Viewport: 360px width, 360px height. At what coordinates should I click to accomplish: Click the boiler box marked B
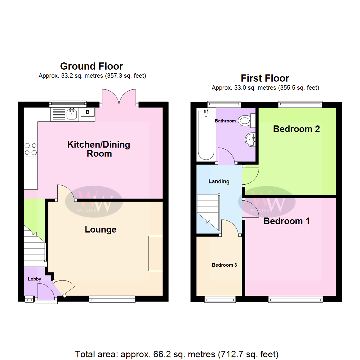pos(87,112)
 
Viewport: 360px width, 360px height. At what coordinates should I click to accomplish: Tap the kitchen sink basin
pos(72,114)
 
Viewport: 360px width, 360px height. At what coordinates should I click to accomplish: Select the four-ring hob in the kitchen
pos(31,149)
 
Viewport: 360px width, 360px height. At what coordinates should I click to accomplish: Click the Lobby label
pos(34,279)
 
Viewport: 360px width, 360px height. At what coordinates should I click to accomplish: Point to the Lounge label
pos(101,229)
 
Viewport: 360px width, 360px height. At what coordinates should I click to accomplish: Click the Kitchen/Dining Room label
pos(99,149)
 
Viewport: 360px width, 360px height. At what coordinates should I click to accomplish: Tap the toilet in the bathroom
pos(247,121)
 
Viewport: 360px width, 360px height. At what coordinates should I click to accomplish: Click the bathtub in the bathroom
pos(206,135)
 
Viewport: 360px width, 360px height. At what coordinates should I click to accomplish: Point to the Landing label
pos(219,181)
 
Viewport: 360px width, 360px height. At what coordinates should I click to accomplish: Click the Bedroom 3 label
pos(224,265)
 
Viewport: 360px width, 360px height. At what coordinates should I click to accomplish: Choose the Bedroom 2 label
pos(296,129)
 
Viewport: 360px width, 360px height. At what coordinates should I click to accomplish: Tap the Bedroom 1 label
pos(287,221)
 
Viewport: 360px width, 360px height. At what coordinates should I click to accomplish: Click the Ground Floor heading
pos(91,66)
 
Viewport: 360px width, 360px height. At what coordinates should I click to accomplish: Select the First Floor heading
pos(265,78)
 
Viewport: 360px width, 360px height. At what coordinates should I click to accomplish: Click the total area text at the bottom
pos(177,354)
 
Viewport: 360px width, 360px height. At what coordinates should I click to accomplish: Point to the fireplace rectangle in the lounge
pos(156,253)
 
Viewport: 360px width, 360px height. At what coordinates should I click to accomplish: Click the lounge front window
pos(112,299)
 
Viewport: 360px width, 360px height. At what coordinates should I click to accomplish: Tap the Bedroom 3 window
pos(220,299)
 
